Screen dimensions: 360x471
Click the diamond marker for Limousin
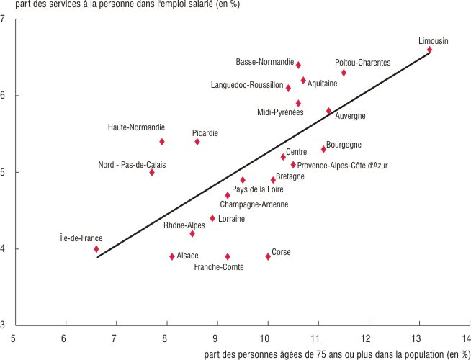pyautogui.click(x=429, y=50)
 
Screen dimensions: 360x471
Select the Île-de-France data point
pyautogui.click(x=96, y=249)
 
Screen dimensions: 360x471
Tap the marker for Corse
pyautogui.click(x=268, y=256)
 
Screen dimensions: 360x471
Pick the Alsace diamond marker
pyautogui.click(x=172, y=256)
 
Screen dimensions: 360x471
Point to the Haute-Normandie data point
pyautogui.click(x=162, y=142)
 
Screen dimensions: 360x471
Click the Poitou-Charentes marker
pyautogui.click(x=344, y=73)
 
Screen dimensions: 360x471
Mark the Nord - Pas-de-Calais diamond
pyautogui.click(x=152, y=173)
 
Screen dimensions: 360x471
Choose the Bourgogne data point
pyautogui.click(x=323, y=150)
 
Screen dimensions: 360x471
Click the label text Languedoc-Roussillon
pyautogui.click(x=247, y=85)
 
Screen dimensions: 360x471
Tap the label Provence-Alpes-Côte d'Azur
pyautogui.click(x=342, y=166)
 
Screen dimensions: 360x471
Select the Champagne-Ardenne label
pyautogui.click(x=254, y=204)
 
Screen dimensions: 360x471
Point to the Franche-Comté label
pyautogui.click(x=219, y=267)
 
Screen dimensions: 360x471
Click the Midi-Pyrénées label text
pyautogui.click(x=280, y=112)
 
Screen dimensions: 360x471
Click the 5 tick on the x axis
pyautogui.click(x=14, y=338)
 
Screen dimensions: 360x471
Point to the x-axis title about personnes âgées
pyautogui.click(x=336, y=354)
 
